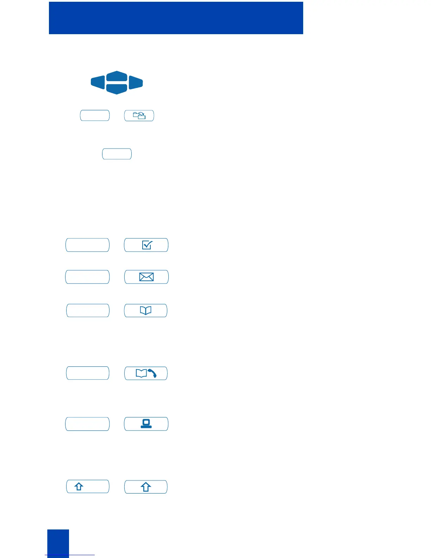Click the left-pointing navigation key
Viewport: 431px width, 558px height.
pos(98,82)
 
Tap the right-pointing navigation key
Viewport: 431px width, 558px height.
pos(136,82)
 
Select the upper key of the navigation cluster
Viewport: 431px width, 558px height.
pos(117,76)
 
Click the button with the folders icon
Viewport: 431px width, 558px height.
pos(139,116)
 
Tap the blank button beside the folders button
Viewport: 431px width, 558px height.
pos(95,116)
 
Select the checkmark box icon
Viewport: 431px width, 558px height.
pos(146,245)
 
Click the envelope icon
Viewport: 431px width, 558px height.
pos(146,277)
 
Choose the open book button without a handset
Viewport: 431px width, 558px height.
pos(146,310)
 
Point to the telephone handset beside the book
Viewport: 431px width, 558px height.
pos(152,373)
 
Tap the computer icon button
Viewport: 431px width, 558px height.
pos(146,424)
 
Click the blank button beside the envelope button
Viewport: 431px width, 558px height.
pos(87,277)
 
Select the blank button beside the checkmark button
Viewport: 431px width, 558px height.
pos(87,245)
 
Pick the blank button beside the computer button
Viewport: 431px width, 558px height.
pos(87,424)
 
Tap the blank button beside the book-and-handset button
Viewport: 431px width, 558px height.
pos(88,373)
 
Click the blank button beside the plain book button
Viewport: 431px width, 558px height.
pos(88,310)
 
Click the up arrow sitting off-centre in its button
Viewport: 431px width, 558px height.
pos(79,486)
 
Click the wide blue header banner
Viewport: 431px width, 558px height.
pos(176,18)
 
